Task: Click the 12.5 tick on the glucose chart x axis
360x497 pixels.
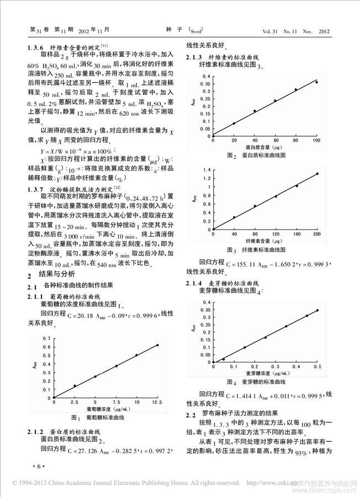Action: click(157, 402)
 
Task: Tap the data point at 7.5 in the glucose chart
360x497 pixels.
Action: click(116, 366)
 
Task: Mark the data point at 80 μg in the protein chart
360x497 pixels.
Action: click(296, 89)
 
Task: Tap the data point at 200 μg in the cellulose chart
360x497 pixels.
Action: click(317, 174)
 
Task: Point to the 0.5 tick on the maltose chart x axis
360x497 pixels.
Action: click(317, 366)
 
